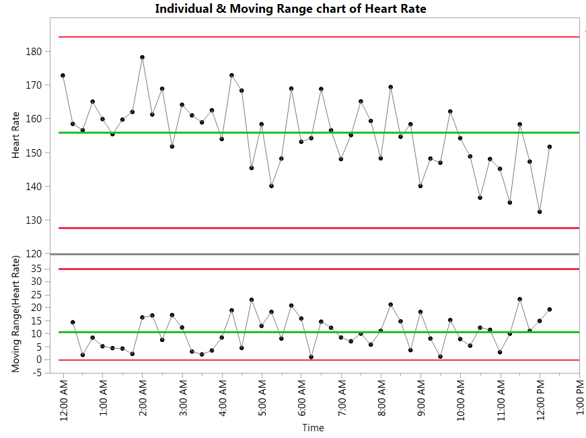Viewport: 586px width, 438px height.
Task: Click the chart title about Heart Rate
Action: (x=290, y=9)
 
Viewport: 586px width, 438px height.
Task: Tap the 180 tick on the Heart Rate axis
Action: (x=34, y=52)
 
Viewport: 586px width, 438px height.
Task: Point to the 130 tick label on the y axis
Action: (x=34, y=220)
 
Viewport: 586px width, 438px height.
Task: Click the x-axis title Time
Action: (x=313, y=428)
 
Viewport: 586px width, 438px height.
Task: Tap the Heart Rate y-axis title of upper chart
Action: (x=15, y=136)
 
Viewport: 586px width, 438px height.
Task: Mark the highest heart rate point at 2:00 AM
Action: (x=142, y=58)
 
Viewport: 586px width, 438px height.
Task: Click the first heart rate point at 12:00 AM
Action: (x=63, y=75)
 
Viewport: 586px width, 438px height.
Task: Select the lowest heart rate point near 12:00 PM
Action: (x=540, y=212)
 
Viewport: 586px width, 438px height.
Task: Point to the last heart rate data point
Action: (x=550, y=146)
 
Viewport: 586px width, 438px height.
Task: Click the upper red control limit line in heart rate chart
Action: (x=316, y=37)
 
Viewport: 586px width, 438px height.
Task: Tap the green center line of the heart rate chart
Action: (x=316, y=132)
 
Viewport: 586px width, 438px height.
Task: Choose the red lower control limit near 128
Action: (x=316, y=228)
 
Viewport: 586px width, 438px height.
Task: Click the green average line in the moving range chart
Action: (x=316, y=332)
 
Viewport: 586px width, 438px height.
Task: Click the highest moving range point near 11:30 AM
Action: (x=519, y=299)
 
